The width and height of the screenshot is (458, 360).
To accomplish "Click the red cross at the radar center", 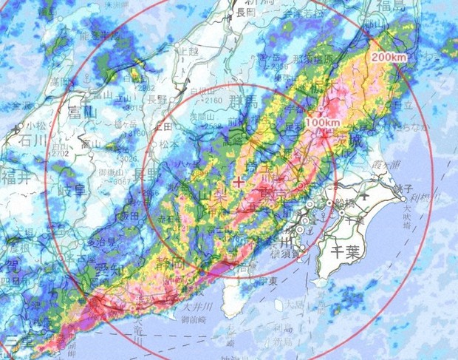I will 238,181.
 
